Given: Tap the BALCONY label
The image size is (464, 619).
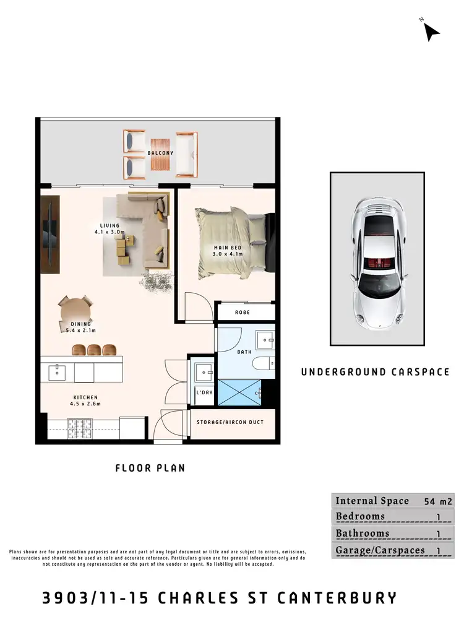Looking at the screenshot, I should [x=160, y=153].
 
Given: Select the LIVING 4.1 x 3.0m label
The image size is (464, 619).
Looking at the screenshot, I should [x=110, y=229].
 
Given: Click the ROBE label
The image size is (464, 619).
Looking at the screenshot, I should [x=243, y=313].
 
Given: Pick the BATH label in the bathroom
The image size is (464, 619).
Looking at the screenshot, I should [x=245, y=352].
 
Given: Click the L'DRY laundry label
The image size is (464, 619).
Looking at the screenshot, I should [x=204, y=393].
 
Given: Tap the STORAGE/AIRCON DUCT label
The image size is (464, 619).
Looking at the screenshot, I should [x=230, y=422].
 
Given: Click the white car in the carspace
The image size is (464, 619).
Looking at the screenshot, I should [x=377, y=259].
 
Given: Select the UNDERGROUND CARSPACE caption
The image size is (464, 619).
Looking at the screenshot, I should [x=375, y=372].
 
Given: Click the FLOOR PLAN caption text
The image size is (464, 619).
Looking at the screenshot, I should [x=150, y=468].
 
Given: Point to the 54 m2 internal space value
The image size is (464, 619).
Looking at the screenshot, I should [x=437, y=501].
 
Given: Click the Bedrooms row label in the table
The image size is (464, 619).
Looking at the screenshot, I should [x=360, y=516].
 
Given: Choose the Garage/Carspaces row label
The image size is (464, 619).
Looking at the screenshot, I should [x=380, y=550].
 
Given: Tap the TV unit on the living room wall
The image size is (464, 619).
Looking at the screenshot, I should [x=50, y=235].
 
